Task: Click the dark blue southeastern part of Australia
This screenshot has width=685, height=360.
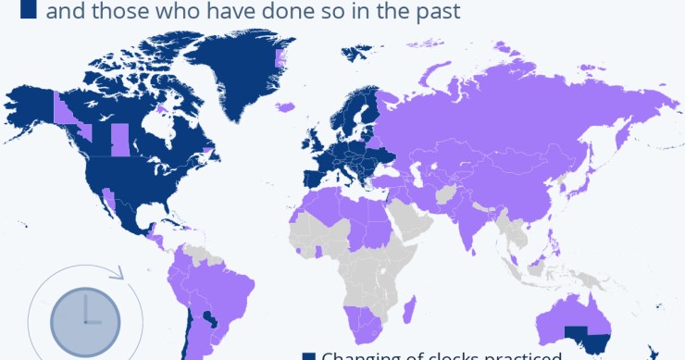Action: pyautogui.click(x=586, y=337)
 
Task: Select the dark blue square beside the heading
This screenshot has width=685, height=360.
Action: pyautogui.click(x=28, y=10)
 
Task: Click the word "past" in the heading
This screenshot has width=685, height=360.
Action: pyautogui.click(x=434, y=11)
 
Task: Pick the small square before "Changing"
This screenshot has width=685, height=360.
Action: pyautogui.click(x=309, y=356)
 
